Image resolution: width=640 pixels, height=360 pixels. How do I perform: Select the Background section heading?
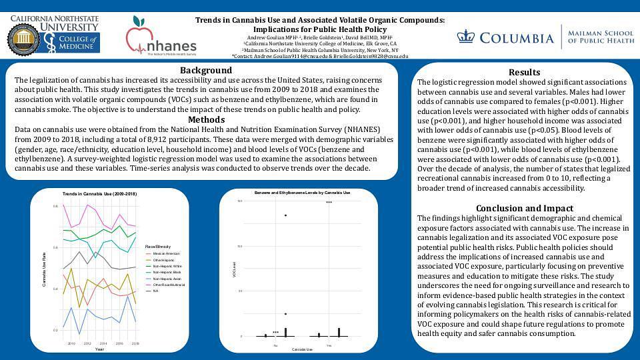coord(206,70)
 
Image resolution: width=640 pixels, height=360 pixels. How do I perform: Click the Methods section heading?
coord(206,119)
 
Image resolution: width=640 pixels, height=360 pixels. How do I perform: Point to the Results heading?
coord(524,72)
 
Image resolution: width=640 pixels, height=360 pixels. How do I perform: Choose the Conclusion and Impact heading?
coord(524,207)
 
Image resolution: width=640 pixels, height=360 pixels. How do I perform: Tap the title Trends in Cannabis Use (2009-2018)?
coord(99,193)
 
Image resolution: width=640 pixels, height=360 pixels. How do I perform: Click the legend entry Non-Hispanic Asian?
coord(167,278)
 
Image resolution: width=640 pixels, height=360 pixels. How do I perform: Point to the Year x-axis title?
coord(99,349)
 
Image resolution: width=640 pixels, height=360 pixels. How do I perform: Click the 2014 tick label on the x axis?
coord(103,343)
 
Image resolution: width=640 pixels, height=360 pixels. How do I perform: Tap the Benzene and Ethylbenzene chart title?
coord(302,193)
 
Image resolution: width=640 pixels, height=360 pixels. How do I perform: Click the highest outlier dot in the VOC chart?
coord(285,215)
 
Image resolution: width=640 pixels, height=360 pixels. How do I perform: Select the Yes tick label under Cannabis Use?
coord(329,345)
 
